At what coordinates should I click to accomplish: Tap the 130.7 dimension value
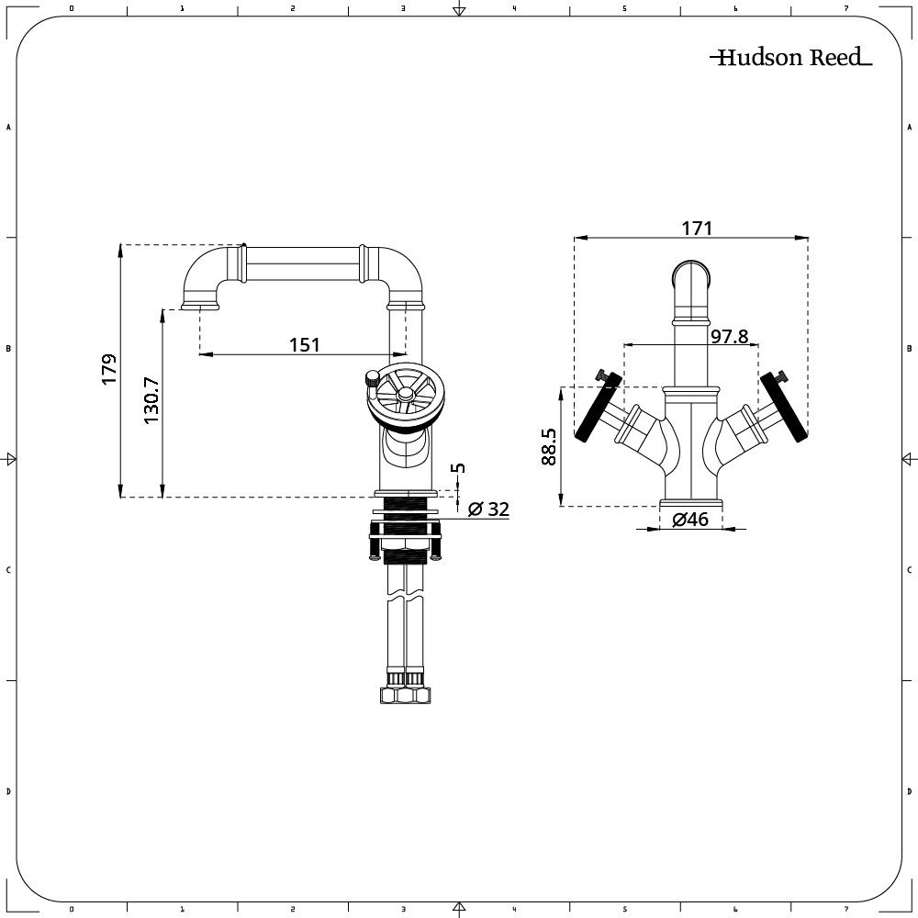click(x=151, y=400)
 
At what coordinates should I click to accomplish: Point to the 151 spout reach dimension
click(x=305, y=344)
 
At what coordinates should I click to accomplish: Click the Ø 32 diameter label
click(x=487, y=509)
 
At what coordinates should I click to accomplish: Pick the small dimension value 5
click(x=460, y=467)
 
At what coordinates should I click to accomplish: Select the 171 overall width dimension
click(x=697, y=228)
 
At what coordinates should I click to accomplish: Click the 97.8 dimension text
click(x=730, y=336)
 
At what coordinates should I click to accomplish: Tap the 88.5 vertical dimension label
click(x=549, y=447)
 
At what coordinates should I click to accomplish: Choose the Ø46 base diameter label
click(x=690, y=520)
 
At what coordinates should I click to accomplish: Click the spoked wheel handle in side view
click(x=403, y=395)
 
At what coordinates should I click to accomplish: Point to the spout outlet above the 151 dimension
click(x=200, y=305)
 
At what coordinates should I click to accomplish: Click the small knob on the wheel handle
click(x=372, y=376)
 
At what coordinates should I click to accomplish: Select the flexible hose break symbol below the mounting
click(x=404, y=597)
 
